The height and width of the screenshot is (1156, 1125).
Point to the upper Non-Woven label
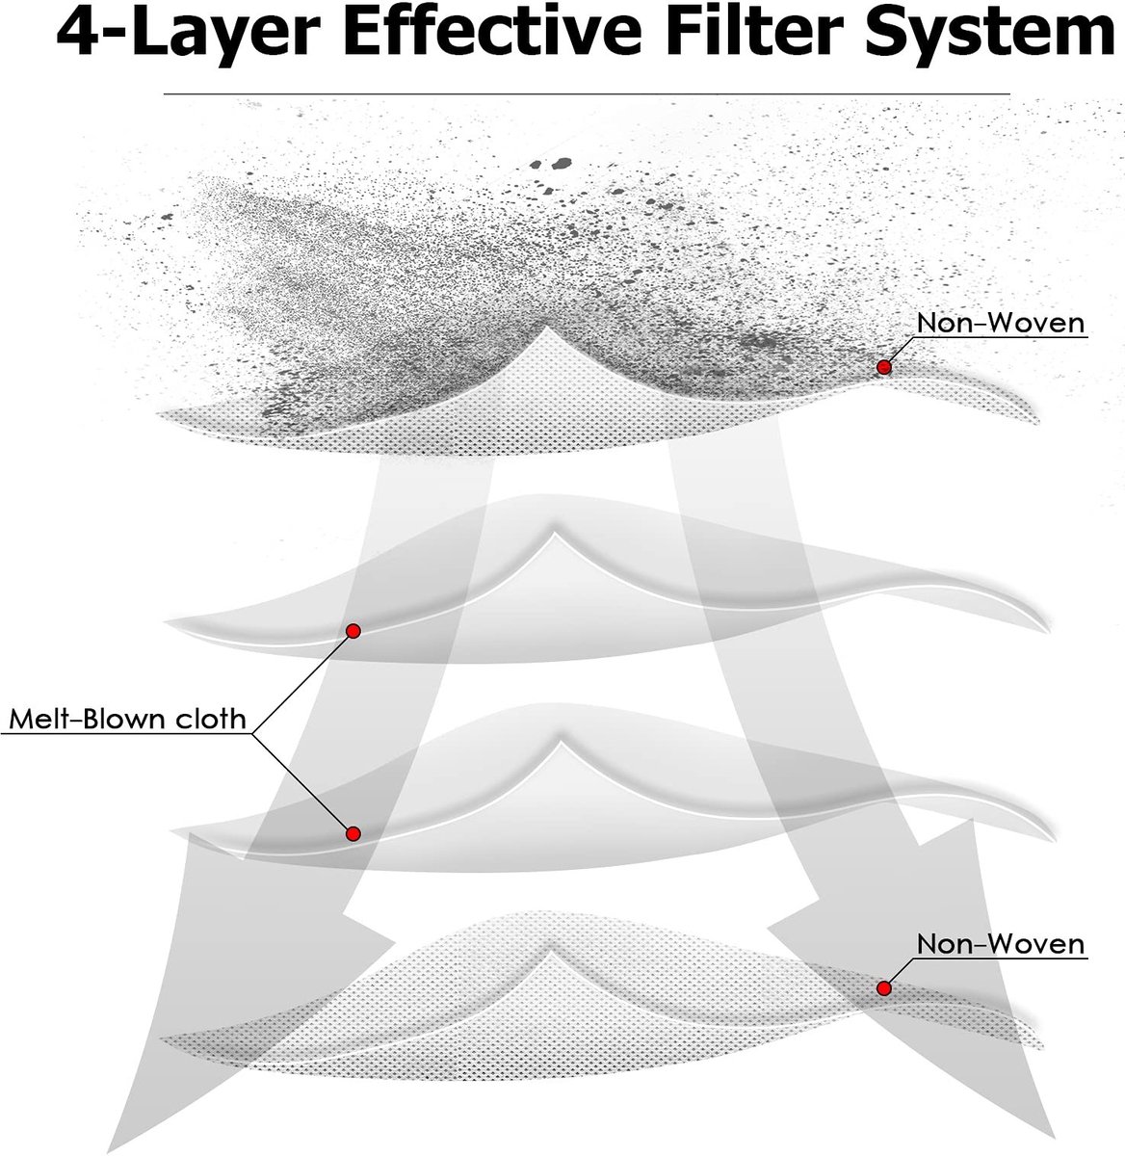(1001, 323)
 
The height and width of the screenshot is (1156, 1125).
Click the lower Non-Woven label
(1001, 944)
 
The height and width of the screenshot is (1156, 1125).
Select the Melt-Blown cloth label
(128, 720)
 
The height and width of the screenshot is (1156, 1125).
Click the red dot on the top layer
(884, 367)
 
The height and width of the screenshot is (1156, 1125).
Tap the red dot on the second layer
(353, 631)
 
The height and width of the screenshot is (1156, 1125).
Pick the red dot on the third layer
(353, 834)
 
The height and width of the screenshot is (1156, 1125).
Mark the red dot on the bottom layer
(884, 988)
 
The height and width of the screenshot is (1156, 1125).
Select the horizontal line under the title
(587, 93)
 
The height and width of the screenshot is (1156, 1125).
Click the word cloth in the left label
(212, 720)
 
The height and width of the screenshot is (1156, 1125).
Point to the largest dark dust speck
(562, 163)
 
